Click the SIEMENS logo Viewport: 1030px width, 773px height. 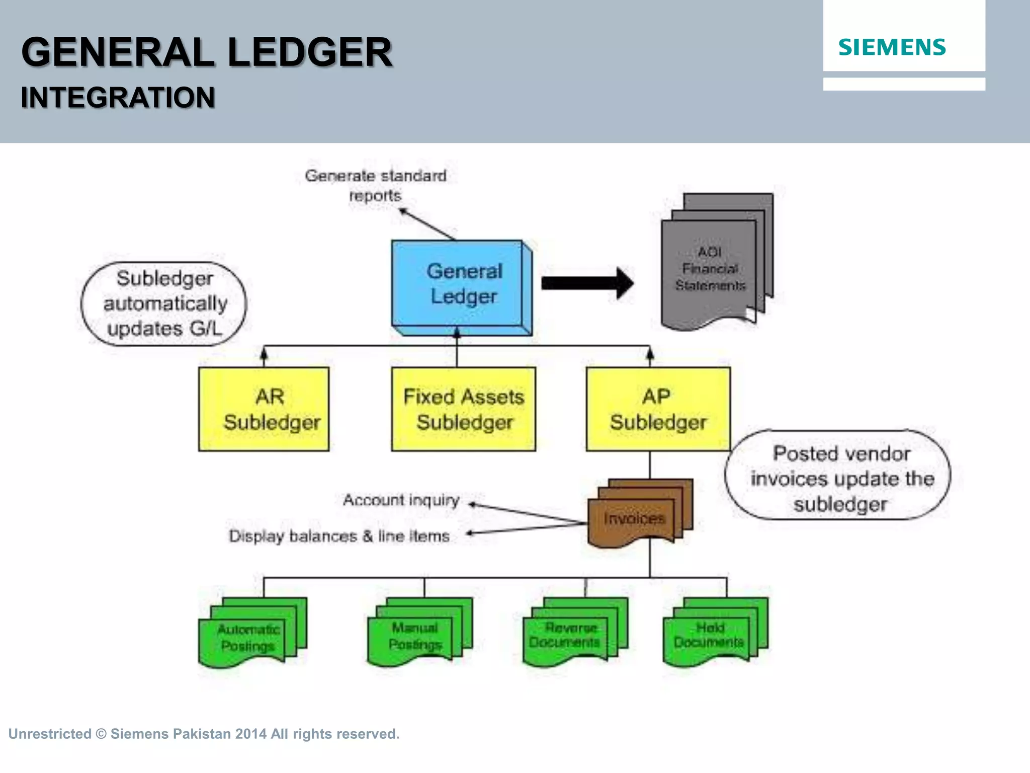click(x=892, y=47)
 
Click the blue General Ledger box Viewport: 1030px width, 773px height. click(x=460, y=284)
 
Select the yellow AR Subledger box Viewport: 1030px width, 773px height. click(x=264, y=409)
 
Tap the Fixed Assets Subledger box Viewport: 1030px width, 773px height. click(x=463, y=409)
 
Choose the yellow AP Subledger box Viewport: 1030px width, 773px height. click(x=658, y=409)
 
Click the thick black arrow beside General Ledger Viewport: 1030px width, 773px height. click(x=586, y=283)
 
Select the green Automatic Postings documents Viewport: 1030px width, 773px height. click(x=248, y=637)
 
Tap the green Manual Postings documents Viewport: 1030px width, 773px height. click(x=415, y=636)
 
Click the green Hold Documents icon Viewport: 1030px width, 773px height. click(x=709, y=635)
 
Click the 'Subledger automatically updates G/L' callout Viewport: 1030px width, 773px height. click(x=164, y=303)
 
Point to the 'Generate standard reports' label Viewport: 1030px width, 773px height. click(x=375, y=185)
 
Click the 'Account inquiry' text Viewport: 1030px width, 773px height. click(x=401, y=500)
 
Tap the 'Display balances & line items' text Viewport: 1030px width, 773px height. click(x=339, y=536)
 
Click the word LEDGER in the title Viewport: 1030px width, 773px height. click(x=309, y=53)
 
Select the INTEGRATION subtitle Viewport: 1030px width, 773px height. click(x=118, y=98)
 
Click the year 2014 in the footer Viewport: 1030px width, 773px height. click(x=250, y=734)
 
